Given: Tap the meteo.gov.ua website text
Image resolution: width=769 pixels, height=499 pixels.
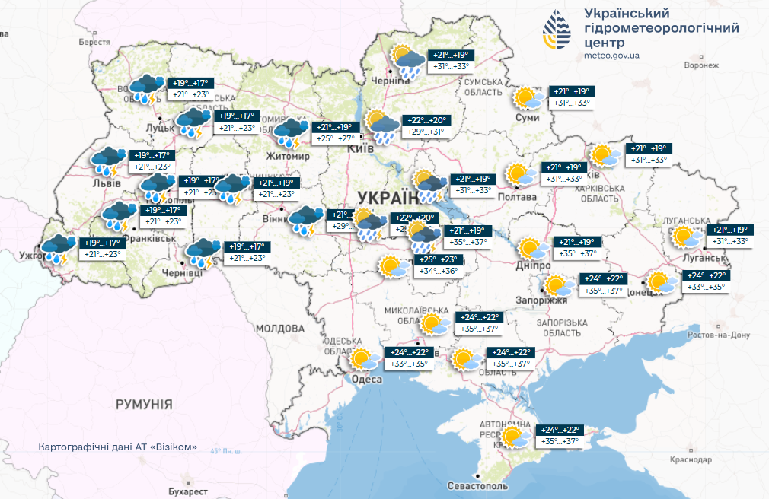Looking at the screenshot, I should pos(611,56).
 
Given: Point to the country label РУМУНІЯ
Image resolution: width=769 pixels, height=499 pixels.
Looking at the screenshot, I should pos(144,404).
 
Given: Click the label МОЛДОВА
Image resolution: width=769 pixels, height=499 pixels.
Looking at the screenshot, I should pos(279,329).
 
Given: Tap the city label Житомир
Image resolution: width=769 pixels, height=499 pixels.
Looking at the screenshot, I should pos(288,156).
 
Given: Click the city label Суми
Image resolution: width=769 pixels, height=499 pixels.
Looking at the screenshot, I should pos(527,117).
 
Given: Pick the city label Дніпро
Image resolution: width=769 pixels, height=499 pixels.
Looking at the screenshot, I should pos(533,267).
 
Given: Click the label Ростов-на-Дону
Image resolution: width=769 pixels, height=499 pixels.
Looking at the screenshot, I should pos(719,335).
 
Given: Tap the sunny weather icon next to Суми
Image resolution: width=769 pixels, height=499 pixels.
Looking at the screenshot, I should pos(528,98).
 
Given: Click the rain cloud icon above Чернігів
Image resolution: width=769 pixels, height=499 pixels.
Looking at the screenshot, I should pos(408,62).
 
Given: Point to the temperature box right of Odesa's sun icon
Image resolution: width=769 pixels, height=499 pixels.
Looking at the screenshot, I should pos(410,358).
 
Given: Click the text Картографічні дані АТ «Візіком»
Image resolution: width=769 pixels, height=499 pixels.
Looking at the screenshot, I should pos(117,447).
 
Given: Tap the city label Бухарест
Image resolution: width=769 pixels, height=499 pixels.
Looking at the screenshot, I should pos(188,492).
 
